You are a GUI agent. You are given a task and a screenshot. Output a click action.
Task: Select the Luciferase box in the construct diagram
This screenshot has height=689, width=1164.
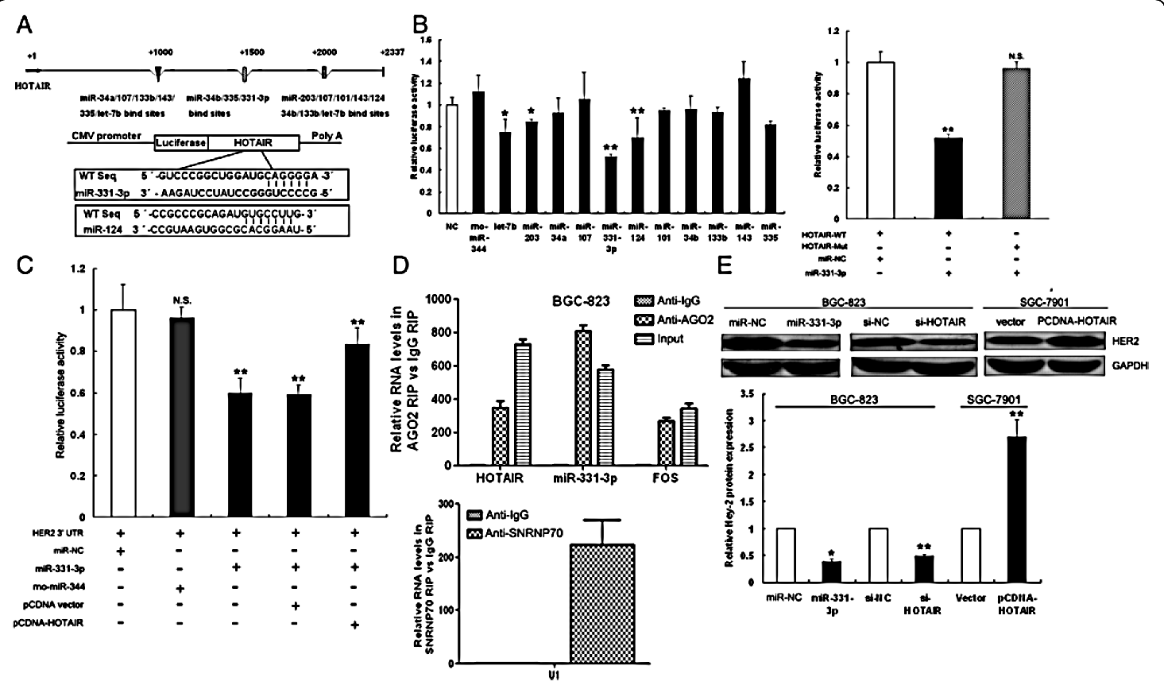coord(180,143)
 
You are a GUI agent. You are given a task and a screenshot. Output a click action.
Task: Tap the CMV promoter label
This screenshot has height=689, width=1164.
coord(106,136)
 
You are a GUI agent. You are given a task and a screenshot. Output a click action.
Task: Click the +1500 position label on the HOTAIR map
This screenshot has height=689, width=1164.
coord(253,52)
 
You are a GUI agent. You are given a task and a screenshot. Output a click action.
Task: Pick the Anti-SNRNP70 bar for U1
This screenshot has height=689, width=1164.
coord(601,603)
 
